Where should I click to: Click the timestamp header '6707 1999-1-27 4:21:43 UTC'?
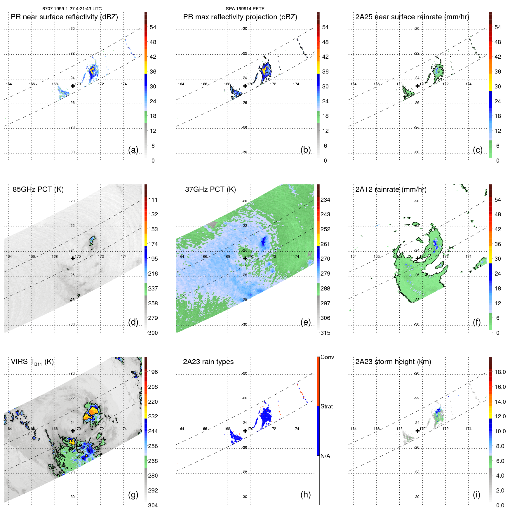(x=72, y=9)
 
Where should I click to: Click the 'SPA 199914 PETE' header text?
(x=245, y=9)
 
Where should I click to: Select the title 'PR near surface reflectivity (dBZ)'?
(x=64, y=17)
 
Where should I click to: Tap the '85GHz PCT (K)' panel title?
(x=38, y=189)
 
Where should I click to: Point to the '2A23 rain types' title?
(x=208, y=362)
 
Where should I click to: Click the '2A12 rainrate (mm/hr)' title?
(x=391, y=189)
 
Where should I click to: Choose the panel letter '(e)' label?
(x=305, y=322)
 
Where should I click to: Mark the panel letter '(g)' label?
(x=133, y=495)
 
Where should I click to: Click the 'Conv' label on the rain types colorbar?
(x=327, y=357)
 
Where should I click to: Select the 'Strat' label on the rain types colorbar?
(x=326, y=407)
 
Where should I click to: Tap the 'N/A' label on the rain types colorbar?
(x=325, y=456)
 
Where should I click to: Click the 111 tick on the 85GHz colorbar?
(x=153, y=200)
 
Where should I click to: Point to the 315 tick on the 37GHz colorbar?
(x=325, y=333)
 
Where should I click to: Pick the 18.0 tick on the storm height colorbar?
(x=500, y=372)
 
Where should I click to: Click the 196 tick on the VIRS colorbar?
(x=153, y=372)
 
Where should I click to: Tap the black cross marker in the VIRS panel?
(x=73, y=431)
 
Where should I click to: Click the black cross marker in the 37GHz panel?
(x=245, y=258)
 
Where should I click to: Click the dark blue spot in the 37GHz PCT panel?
(x=264, y=241)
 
